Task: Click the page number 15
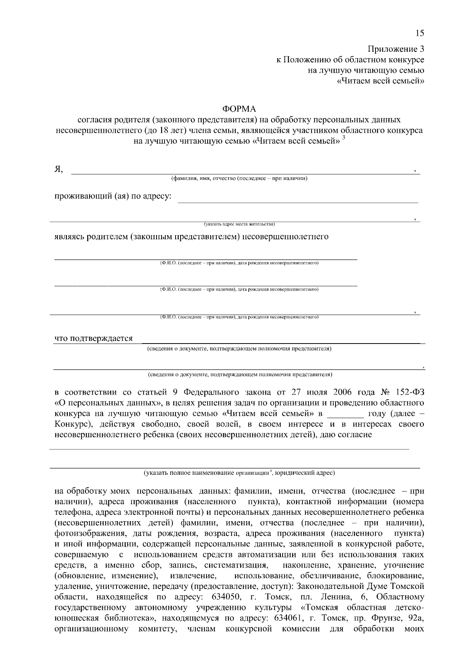coord(419,33)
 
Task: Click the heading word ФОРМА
coord(239,110)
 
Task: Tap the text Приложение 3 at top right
coord(395,49)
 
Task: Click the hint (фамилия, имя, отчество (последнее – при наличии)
coord(239,178)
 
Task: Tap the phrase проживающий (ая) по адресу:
coord(113,197)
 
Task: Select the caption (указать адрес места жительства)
coord(239,224)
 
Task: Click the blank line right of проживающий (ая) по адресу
coord(298,202)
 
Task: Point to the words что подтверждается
coord(94,338)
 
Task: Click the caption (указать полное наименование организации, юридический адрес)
coord(239,473)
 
